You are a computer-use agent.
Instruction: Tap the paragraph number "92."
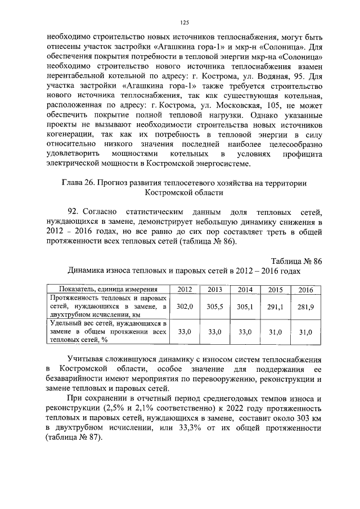[x=74, y=211]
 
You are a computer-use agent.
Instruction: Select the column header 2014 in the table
[x=245, y=289]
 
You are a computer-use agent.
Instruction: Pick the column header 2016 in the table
[x=306, y=289]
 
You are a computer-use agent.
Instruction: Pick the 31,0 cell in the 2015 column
[x=276, y=332]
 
